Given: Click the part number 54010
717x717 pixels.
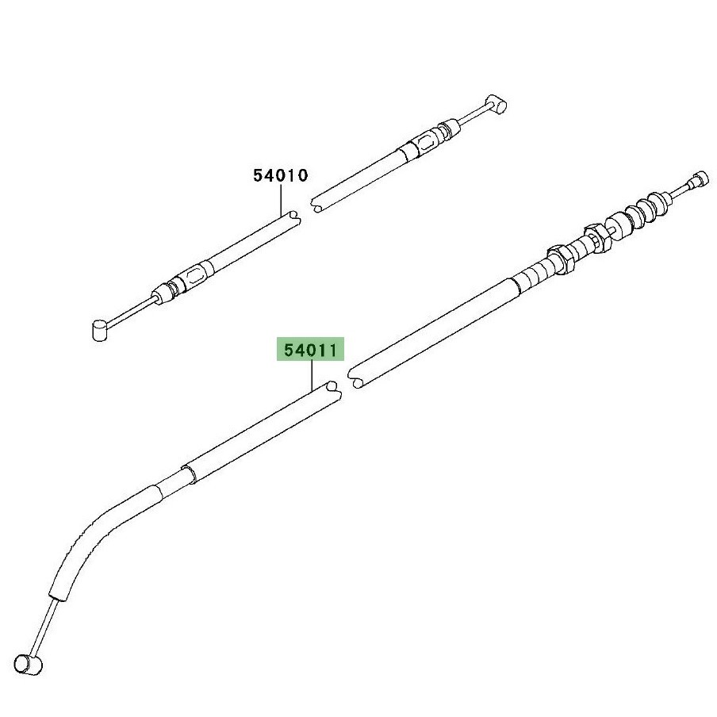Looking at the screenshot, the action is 281,175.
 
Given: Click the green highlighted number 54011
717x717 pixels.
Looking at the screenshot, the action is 310,351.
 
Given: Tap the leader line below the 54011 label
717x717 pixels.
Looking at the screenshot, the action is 312,375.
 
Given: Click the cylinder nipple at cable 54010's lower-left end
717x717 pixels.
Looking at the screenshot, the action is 101,330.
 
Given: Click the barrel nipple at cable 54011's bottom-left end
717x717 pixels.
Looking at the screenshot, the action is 29,663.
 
